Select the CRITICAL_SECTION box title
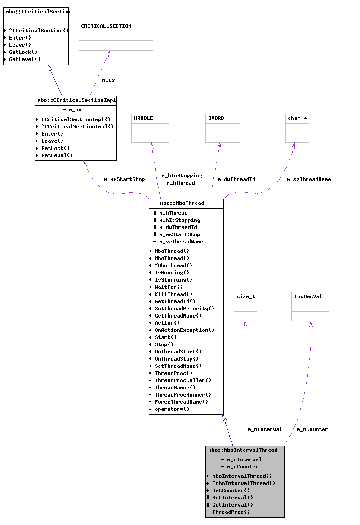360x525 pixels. [x=107, y=26]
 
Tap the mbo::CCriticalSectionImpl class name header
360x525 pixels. [x=76, y=100]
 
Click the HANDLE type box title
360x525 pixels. [x=143, y=118]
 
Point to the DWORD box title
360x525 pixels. [x=216, y=118]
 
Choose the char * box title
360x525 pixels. [x=297, y=118]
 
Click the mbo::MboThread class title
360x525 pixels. [x=182, y=203]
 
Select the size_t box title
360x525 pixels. [x=245, y=296]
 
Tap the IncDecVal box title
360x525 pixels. [x=308, y=296]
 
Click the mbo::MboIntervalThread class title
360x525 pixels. [x=243, y=450]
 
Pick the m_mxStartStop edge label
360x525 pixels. [x=124, y=179]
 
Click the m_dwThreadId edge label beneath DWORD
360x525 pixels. [x=236, y=179]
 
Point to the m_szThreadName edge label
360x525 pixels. [x=309, y=179]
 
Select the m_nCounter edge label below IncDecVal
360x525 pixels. [x=312, y=429]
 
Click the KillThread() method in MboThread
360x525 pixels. [x=173, y=294]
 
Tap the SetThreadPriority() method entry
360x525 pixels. [x=184, y=309]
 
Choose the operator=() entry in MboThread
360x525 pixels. [x=172, y=409]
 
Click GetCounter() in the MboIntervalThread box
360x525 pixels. [x=231, y=490]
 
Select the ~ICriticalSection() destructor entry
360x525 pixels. [x=39, y=31]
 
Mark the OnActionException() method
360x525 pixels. [x=184, y=330]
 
